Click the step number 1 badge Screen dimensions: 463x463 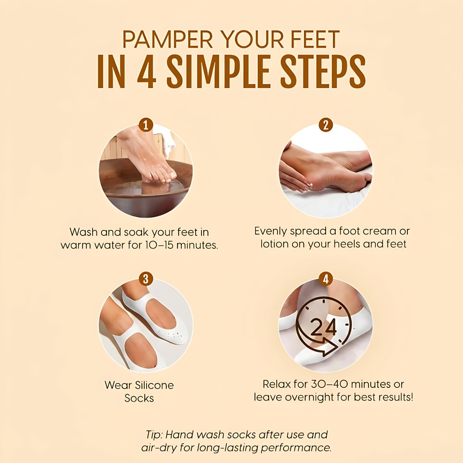[x=146, y=125]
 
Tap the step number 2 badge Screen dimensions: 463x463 [x=326, y=125]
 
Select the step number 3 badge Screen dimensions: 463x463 [x=146, y=279]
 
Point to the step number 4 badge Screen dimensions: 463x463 [x=326, y=279]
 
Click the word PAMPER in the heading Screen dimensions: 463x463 [x=168, y=39]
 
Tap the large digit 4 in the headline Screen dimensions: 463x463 [x=147, y=72]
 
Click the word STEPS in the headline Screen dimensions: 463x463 [x=323, y=72]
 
